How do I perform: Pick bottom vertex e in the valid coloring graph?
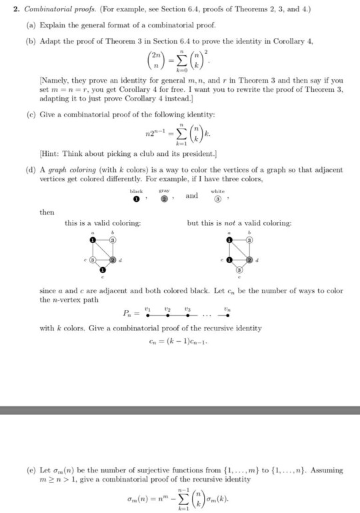[x=103, y=271]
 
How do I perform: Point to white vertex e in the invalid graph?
[x=239, y=271]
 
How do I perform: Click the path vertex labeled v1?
[x=146, y=315]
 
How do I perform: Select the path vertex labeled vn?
[x=228, y=315]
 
